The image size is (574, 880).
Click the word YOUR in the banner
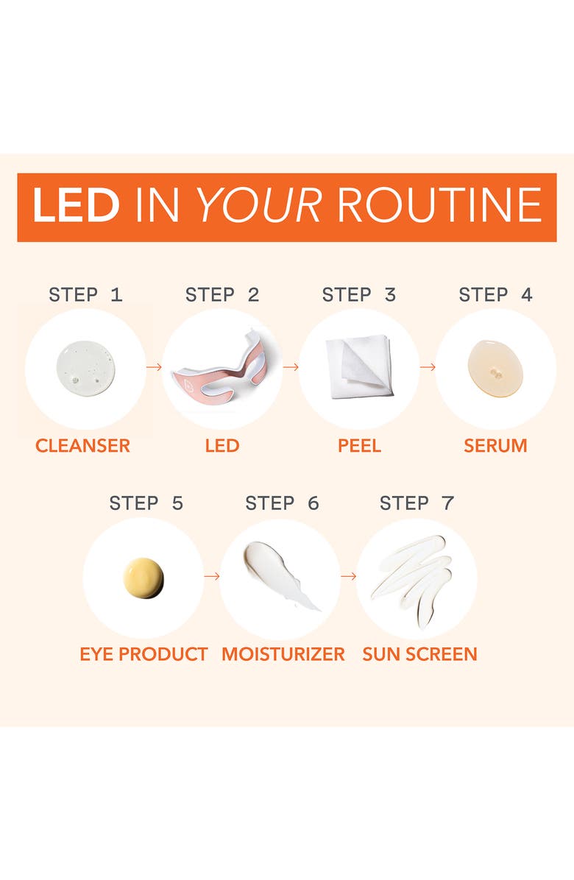point(260,205)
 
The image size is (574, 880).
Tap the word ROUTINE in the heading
point(440,205)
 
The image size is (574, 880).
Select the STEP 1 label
point(85,294)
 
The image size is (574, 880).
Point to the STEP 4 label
point(495,294)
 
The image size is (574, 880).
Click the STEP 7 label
point(417,503)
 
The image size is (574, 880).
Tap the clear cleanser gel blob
point(86,367)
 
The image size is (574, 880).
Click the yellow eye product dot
point(143,578)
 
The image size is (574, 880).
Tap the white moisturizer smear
point(280,574)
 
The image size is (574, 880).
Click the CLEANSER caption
point(82,446)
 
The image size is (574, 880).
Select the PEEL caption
point(359,446)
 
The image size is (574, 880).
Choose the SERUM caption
point(495,446)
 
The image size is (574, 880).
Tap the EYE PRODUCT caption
point(143,654)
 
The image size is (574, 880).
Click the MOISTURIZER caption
point(283,654)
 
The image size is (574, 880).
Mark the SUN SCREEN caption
point(419,654)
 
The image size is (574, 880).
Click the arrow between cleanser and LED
point(155,367)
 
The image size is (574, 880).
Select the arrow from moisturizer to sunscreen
point(348,576)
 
